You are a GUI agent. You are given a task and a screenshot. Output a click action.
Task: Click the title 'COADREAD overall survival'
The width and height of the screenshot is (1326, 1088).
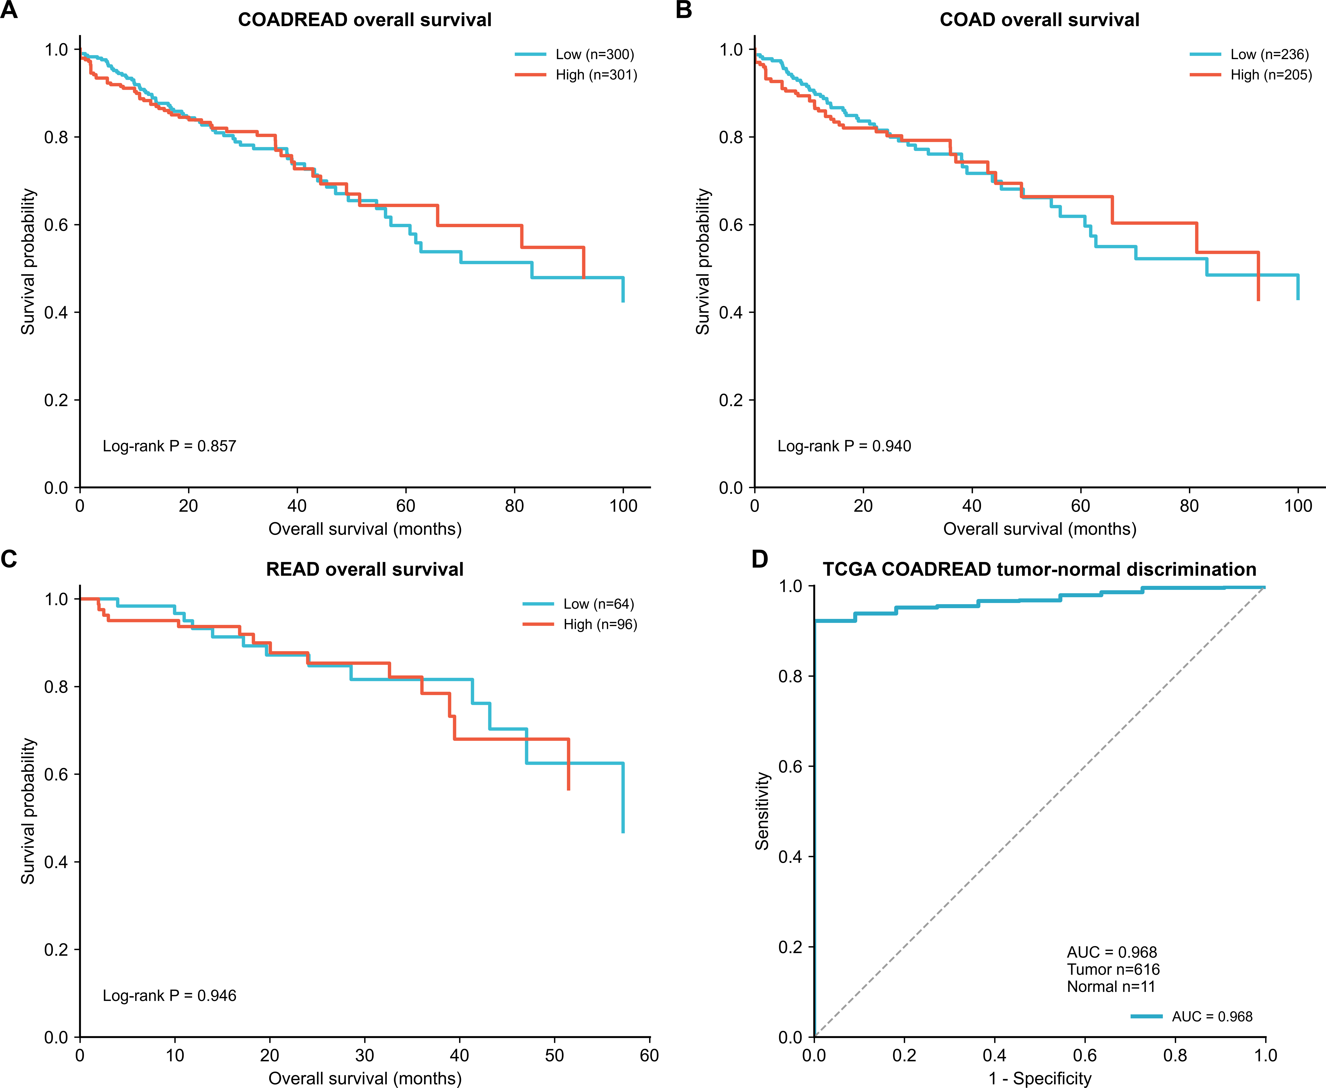(x=365, y=20)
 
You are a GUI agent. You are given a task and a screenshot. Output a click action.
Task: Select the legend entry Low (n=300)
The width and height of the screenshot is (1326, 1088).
(x=575, y=55)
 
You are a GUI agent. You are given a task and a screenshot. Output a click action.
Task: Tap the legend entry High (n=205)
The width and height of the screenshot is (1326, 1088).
(x=1251, y=75)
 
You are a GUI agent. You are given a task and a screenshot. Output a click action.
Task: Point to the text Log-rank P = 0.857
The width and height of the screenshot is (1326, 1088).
(x=169, y=446)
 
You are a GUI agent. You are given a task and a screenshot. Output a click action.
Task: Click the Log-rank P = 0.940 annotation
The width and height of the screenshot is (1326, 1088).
(x=844, y=446)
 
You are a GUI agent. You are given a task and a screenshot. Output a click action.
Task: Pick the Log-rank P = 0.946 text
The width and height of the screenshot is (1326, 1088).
(x=169, y=996)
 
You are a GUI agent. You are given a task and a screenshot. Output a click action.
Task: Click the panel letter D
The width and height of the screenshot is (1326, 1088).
(x=760, y=559)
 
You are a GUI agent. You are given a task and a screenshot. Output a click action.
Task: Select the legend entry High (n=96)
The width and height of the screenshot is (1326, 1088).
(x=580, y=624)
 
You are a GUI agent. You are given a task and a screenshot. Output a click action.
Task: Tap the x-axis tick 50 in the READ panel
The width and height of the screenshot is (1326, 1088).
(x=554, y=1055)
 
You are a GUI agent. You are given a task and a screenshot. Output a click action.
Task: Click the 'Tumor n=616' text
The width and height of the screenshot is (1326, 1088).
(x=1113, y=970)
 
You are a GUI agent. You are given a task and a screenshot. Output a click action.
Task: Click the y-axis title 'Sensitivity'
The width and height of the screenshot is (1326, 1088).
(x=762, y=811)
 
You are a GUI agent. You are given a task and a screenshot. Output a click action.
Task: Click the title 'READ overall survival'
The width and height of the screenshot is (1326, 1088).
(x=365, y=570)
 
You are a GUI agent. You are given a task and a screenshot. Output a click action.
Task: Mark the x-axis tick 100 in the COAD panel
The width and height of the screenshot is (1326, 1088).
(x=1298, y=506)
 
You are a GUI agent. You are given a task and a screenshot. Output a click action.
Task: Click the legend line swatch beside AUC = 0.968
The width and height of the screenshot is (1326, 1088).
(x=1147, y=1017)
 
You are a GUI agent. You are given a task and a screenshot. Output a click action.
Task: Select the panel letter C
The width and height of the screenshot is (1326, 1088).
(x=9, y=559)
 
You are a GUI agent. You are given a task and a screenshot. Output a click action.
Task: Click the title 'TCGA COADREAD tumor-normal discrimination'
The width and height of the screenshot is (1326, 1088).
(x=1039, y=570)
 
